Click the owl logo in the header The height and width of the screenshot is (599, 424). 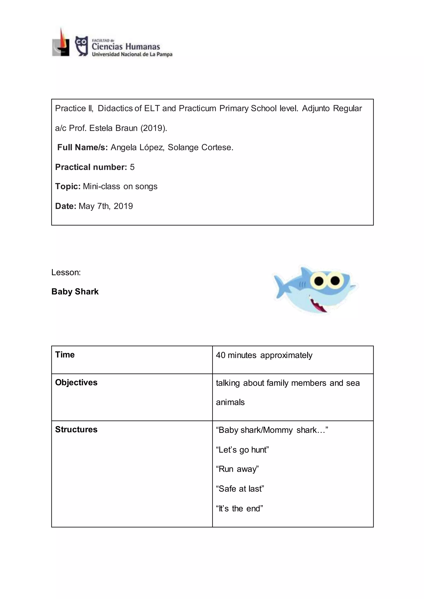pos(81,46)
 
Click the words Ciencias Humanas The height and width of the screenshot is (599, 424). pos(126,47)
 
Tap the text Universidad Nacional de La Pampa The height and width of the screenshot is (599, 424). pos(132,55)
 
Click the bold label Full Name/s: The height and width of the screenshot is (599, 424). pos(82,147)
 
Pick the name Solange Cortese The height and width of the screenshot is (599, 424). pos(200,147)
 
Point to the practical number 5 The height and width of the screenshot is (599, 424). pos(132,167)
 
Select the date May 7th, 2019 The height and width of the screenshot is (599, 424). pos(106,206)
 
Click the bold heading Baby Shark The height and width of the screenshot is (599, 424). pos(75,292)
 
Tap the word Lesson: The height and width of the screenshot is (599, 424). pos(66,272)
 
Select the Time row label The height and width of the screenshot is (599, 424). pos(65,355)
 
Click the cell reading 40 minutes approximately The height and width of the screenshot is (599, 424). pos(264,355)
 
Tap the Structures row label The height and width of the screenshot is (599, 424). pos(76,429)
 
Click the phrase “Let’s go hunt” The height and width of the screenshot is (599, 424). pos(242,450)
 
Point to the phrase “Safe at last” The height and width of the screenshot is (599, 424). pos(240,489)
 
